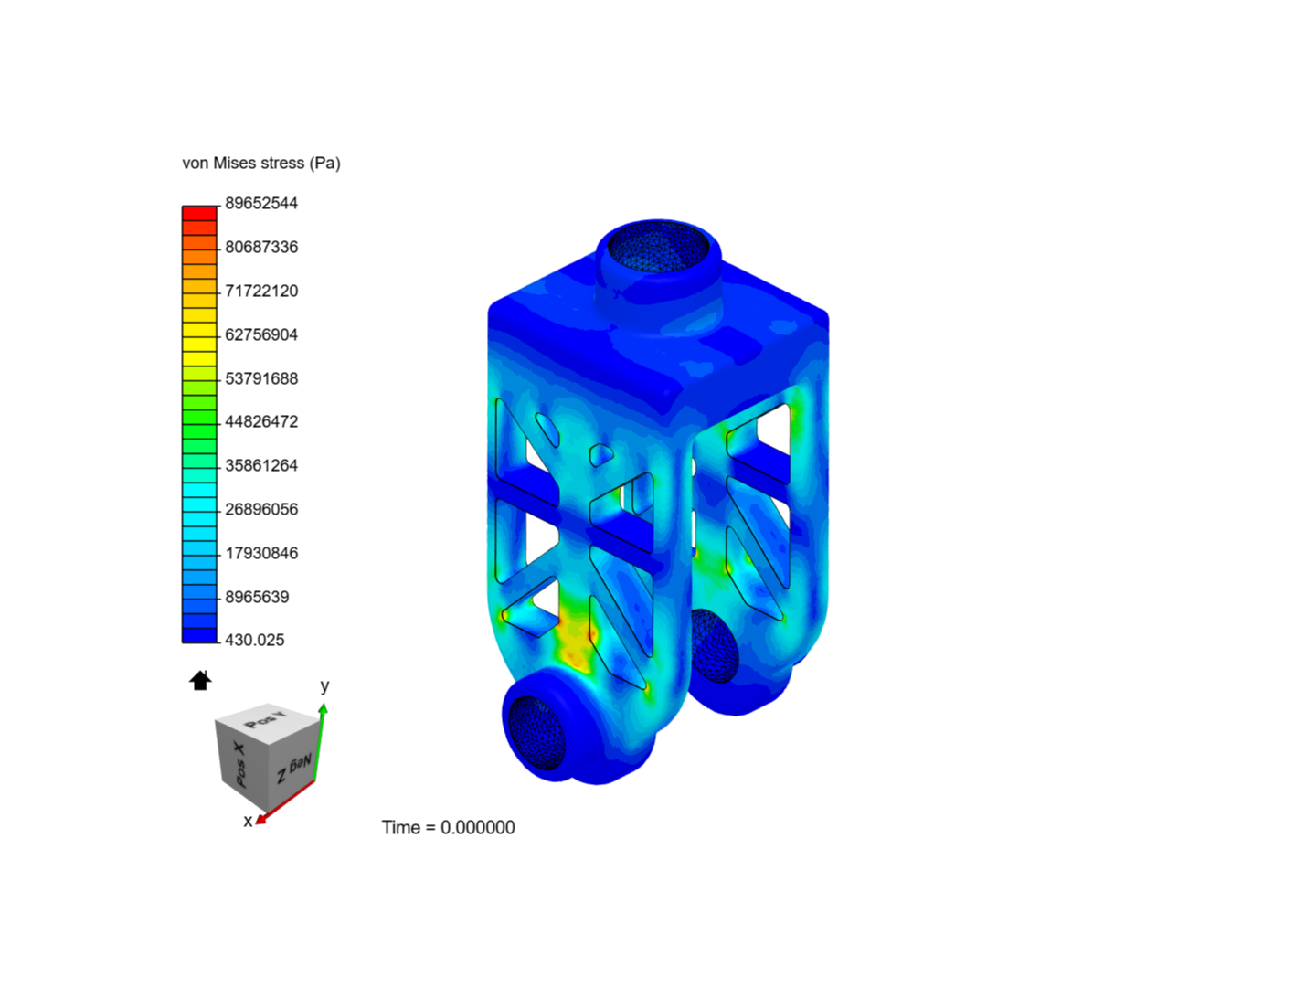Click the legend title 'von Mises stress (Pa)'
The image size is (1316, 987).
click(260, 163)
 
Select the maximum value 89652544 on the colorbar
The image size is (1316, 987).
click(261, 203)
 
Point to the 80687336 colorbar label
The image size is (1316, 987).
click(261, 247)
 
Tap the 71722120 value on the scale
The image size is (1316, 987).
click(261, 291)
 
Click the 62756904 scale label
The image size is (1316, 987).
click(261, 334)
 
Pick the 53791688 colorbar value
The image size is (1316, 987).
click(261, 378)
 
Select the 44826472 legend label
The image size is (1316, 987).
click(261, 421)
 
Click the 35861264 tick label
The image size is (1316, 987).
click(261, 465)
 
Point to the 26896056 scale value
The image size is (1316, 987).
click(261, 509)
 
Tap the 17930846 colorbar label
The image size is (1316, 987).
click(261, 553)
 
